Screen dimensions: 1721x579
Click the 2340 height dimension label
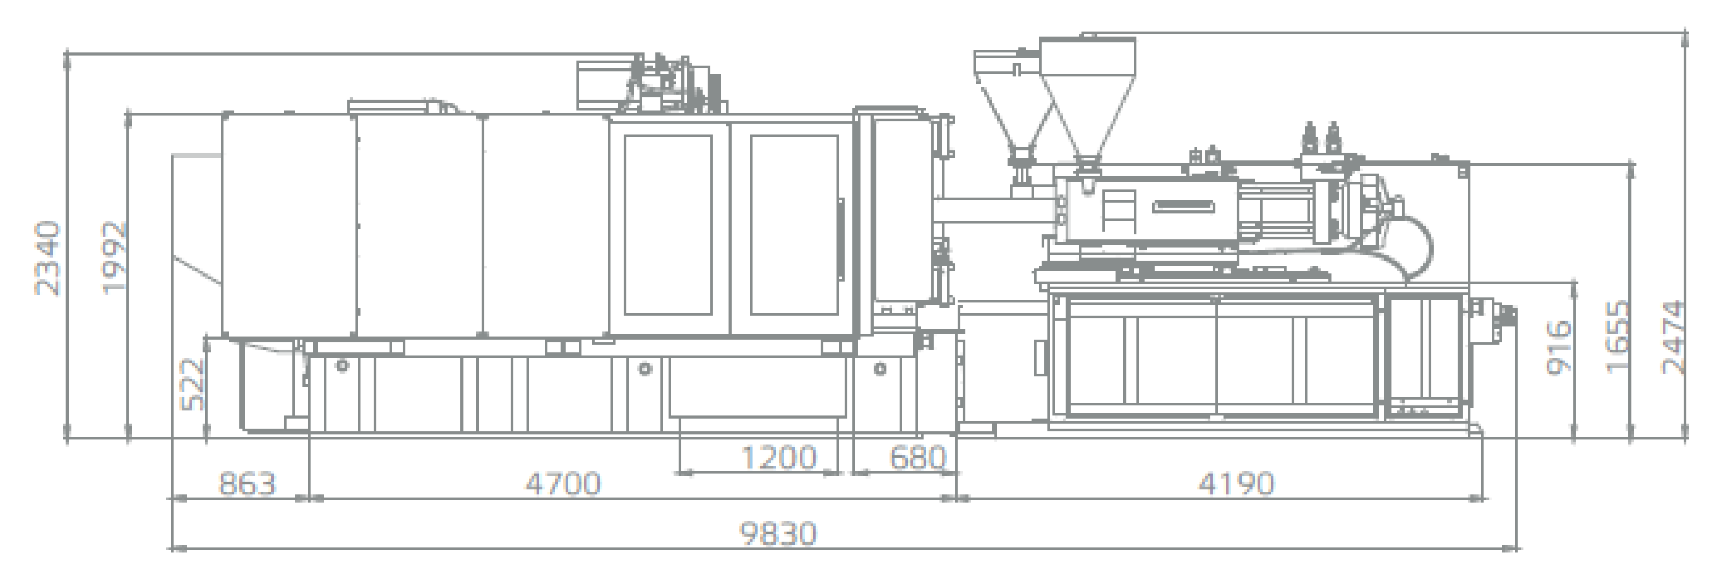coord(48,258)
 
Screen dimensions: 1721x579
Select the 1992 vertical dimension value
coord(113,257)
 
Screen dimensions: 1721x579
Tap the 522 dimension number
coord(193,385)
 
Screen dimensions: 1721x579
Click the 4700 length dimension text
coord(563,483)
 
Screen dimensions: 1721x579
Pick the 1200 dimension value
coord(779,458)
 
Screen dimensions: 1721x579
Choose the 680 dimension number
coord(918,458)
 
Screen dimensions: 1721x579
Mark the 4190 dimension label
coord(1236,484)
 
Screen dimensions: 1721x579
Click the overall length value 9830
coord(778,534)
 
